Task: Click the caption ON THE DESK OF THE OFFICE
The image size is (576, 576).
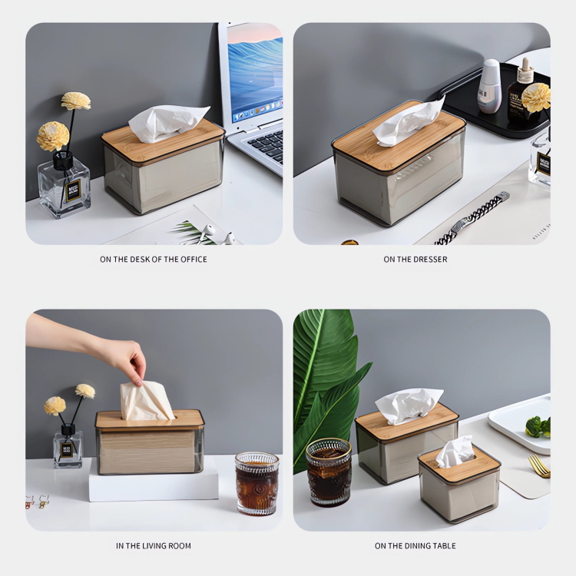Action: point(153,260)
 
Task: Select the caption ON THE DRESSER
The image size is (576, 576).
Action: point(415,260)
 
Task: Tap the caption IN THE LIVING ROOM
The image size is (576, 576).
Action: point(154,546)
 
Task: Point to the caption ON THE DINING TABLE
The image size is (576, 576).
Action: point(415,546)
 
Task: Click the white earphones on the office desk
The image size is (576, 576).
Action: point(216,234)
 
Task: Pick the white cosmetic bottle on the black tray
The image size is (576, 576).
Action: point(489,85)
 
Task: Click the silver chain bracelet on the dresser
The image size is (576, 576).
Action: point(472,219)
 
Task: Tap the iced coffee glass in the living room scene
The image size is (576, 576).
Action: point(257,483)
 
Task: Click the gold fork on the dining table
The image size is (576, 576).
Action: point(538,466)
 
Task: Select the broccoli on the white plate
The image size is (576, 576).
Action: point(538,427)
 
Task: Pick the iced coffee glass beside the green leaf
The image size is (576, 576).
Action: point(329,472)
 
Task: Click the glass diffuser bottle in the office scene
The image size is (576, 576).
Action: point(64,186)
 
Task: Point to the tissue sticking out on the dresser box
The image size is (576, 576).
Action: point(409,121)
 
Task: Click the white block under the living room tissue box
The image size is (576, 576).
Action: point(154,482)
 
